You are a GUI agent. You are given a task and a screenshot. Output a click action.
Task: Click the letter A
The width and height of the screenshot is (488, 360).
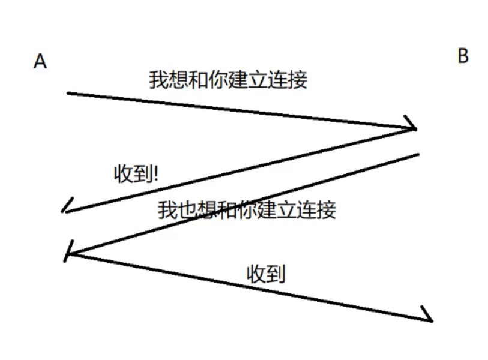click(40, 62)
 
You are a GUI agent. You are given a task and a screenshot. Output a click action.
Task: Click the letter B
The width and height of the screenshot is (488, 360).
click(463, 56)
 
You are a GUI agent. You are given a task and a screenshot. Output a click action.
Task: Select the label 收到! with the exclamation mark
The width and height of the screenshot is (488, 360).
click(137, 174)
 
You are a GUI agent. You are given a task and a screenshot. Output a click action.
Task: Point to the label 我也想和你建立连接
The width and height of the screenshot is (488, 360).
click(247, 210)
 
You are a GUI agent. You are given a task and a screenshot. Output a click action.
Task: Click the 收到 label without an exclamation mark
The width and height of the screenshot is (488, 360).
click(267, 274)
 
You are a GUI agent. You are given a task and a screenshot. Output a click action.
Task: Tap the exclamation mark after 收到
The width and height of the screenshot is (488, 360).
click(156, 174)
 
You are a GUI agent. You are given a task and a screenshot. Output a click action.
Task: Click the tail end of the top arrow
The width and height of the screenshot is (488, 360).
click(69, 94)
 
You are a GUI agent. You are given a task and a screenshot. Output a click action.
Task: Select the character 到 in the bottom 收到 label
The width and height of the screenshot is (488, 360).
click(276, 274)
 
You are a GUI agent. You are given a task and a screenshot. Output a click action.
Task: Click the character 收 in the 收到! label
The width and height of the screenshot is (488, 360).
click(124, 174)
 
